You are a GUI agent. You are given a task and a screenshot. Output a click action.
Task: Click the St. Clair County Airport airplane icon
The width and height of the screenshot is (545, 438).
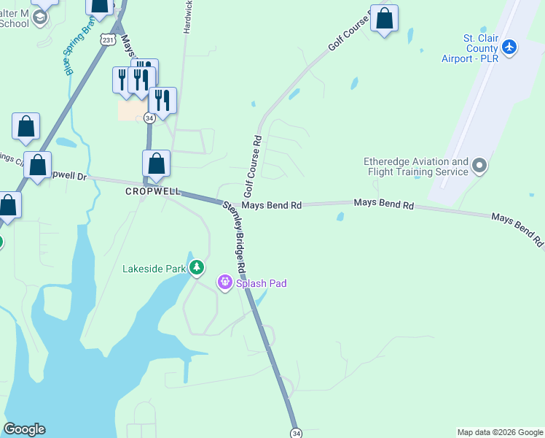tap(509, 47)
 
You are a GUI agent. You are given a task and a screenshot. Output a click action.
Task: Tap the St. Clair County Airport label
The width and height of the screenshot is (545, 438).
tap(470, 48)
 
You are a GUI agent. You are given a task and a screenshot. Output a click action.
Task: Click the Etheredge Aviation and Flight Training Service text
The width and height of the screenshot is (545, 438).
tap(416, 166)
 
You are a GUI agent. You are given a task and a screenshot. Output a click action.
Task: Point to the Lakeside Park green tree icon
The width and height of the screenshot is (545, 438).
tap(197, 269)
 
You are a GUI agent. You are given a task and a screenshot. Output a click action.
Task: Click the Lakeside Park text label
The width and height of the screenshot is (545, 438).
tap(154, 269)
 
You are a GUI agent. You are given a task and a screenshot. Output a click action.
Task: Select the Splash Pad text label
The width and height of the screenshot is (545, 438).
tap(261, 283)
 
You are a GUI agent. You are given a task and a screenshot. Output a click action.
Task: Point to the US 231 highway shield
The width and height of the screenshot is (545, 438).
tap(109, 40)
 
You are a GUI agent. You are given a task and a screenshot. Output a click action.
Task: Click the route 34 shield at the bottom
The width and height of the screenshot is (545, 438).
tap(295, 433)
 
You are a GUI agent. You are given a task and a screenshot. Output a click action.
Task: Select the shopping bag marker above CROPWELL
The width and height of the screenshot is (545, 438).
tap(156, 164)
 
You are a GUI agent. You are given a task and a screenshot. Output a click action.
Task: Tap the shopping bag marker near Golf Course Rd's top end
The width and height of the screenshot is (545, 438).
tap(384, 18)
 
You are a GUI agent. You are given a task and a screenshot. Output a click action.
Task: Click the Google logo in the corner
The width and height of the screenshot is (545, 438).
tap(24, 429)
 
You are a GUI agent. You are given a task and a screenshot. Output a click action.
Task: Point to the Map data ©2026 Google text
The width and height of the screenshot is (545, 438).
tap(499, 432)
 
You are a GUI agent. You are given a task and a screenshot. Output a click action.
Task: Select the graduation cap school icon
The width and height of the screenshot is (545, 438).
tap(40, 17)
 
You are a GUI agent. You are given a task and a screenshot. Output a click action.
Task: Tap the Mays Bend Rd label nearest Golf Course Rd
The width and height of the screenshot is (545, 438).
tap(271, 206)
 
